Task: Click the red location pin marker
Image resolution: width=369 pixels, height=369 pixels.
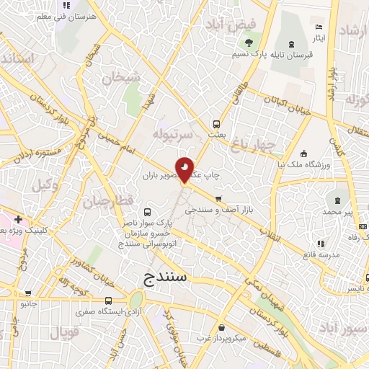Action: click(185, 169)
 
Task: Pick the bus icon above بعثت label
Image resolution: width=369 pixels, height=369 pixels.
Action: click(218, 123)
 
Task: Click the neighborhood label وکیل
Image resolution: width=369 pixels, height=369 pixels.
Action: click(44, 184)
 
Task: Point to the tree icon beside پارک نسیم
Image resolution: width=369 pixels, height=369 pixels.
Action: click(246, 54)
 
